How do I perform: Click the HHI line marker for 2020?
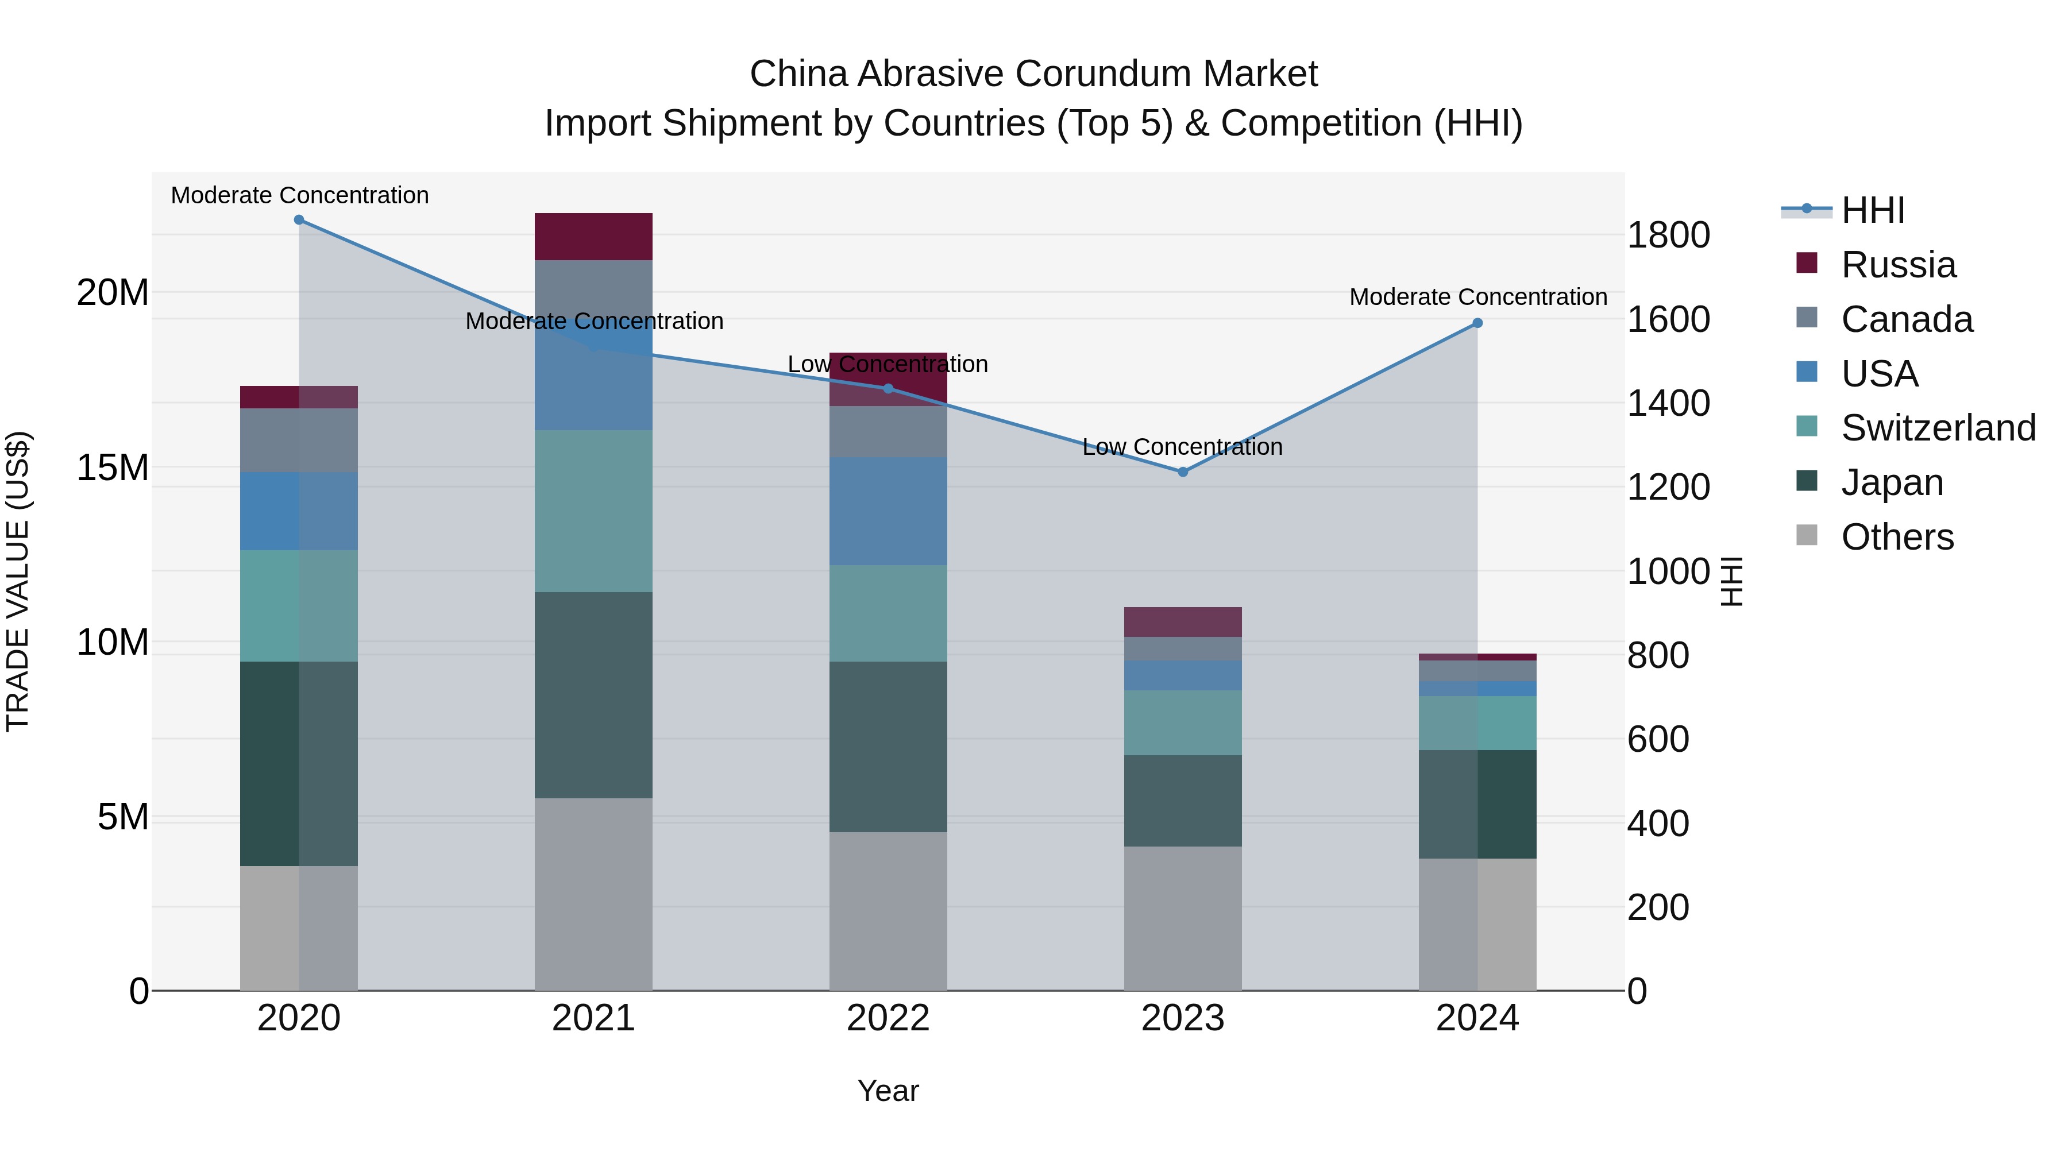click(x=299, y=220)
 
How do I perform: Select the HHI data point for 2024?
click(x=1477, y=323)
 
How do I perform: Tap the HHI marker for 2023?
click(x=1183, y=472)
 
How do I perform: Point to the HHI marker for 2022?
click(x=888, y=388)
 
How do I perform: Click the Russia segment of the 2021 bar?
click(x=593, y=237)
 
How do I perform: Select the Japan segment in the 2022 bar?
click(x=888, y=747)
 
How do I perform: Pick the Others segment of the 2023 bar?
click(x=1183, y=918)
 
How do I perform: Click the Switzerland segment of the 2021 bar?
click(x=593, y=511)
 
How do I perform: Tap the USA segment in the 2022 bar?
click(x=888, y=511)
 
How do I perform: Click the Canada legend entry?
click(x=1906, y=319)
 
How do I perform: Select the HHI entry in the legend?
click(x=1872, y=210)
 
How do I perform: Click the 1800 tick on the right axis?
click(x=1668, y=235)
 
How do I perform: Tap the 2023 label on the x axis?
click(x=1183, y=1018)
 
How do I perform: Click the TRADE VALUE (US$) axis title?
click(x=18, y=581)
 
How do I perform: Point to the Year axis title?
click(x=888, y=1091)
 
